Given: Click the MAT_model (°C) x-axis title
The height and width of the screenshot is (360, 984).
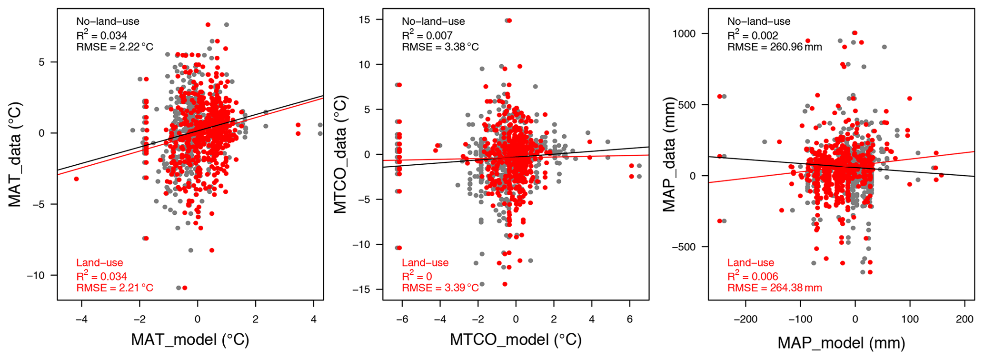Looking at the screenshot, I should pos(190,340).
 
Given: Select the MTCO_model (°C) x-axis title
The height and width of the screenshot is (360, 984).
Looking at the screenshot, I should pos(516,340).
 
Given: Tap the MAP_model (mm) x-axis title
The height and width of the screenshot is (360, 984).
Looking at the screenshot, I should pos(841,342).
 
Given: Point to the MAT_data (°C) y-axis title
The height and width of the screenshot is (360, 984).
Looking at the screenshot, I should pos(15,154).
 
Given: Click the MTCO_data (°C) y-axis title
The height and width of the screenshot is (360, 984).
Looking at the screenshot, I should pos(340,154).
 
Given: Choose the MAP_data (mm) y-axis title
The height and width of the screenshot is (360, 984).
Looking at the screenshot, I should pos(669,154).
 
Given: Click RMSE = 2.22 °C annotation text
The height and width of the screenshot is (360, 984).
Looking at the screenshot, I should pos(115,47).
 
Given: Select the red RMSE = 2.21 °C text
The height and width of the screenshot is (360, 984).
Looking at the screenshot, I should pos(115,288).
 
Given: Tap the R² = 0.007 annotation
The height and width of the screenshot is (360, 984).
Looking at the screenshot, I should pos(427,35).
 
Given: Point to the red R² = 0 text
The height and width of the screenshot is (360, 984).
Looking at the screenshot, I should pos(417,276).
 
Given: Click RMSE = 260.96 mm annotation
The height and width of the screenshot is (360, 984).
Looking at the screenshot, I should pos(775,47).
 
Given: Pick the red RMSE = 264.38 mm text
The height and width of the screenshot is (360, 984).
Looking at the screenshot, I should pos(775,288).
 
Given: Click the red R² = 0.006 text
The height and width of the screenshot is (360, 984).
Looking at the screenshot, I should pos(753,276).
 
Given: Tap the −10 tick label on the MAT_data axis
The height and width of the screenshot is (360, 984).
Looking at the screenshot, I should pos(36,275).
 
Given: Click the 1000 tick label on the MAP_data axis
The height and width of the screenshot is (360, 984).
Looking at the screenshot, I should pos(684,34).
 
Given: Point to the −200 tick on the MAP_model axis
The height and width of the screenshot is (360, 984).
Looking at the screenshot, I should pos(745,319).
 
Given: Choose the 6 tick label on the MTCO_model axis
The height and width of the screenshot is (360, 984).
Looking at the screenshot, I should pos(630,319).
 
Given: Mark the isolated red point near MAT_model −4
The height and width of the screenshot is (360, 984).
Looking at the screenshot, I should pos(76,179).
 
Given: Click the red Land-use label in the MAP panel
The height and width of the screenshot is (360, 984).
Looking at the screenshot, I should pos(751,263).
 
